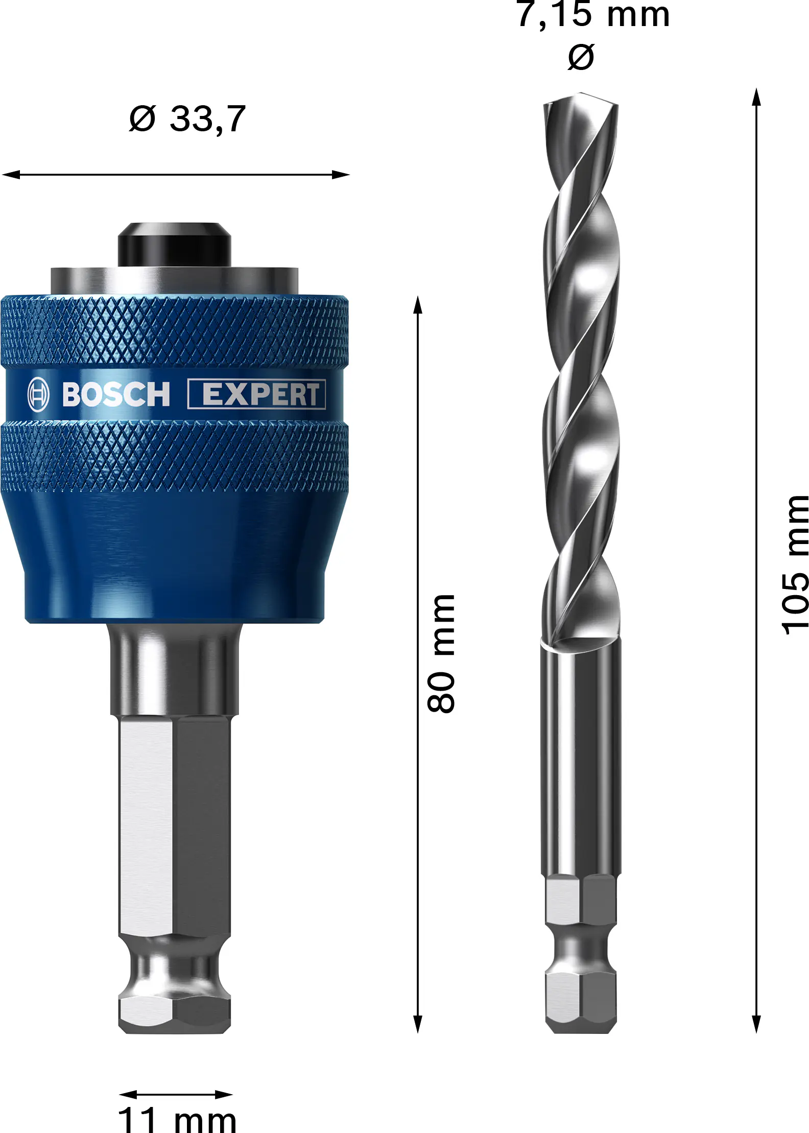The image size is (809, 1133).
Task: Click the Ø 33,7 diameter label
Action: (187, 119)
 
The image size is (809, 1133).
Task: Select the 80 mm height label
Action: (441, 653)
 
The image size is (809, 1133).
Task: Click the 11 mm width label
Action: (177, 1120)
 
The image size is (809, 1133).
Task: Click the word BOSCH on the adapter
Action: (116, 394)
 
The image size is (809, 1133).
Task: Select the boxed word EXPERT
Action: (257, 394)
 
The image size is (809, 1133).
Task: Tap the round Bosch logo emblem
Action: (38, 394)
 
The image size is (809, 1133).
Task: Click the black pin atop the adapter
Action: (174, 244)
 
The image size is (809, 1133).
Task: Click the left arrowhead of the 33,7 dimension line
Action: (10, 175)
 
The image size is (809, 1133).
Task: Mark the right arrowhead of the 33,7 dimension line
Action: (341, 175)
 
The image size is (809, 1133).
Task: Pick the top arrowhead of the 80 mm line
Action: (418, 305)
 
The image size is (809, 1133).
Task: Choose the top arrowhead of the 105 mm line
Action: (756, 97)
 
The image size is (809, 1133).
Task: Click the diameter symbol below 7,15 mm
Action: (581, 57)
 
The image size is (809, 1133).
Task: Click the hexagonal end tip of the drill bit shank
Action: (581, 1001)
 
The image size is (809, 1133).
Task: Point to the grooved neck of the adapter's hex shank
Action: (174, 965)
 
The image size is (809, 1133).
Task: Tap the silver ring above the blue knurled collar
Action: (174, 281)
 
